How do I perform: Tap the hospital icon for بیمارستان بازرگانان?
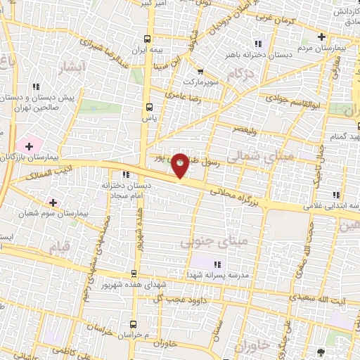pyautogui.click(x=28, y=145)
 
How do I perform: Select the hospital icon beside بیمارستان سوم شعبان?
pyautogui.click(x=53, y=202)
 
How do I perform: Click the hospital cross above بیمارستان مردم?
pyautogui.click(x=321, y=37)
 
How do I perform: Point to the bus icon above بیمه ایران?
pyautogui.click(x=147, y=39)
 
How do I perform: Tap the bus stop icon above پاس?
pyautogui.click(x=148, y=107)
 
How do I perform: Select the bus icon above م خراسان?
pyautogui.click(x=133, y=324)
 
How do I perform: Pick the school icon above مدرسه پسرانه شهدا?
pyautogui.click(x=217, y=264)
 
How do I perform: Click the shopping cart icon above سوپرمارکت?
pyautogui.click(x=200, y=71)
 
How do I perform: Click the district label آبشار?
pyautogui.click(x=71, y=67)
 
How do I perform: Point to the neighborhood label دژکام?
pyautogui.click(x=240, y=73)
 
